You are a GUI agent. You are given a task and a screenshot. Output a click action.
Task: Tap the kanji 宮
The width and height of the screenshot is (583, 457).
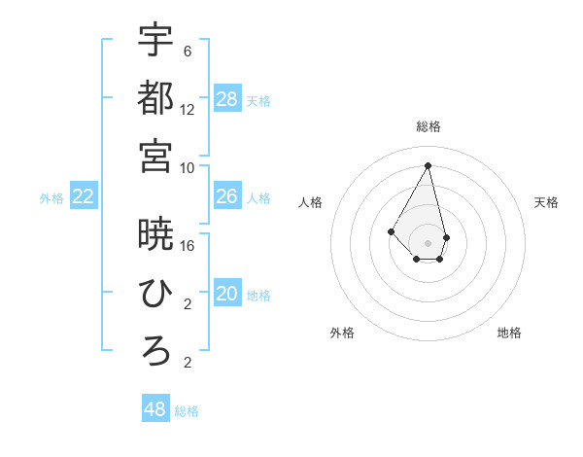tap(155, 156)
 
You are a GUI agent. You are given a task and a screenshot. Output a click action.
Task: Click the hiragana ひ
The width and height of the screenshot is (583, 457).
tap(155, 293)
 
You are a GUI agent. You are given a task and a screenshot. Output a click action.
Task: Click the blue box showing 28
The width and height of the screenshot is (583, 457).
tap(227, 98)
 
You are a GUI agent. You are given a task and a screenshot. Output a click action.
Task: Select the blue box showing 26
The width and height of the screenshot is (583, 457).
tap(227, 196)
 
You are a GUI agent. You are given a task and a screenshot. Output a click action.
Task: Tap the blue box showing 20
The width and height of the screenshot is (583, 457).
tap(227, 295)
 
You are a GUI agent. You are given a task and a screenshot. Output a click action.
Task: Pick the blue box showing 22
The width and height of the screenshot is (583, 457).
tap(83, 197)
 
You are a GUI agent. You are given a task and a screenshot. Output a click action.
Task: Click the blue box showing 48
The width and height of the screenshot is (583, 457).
tap(154, 409)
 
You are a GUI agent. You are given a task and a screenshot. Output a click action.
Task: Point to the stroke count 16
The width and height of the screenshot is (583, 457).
tap(188, 245)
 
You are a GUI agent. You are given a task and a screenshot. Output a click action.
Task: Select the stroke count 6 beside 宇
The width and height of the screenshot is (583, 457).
tap(188, 51)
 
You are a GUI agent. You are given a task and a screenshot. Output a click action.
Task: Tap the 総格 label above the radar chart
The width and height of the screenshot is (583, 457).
tap(429, 126)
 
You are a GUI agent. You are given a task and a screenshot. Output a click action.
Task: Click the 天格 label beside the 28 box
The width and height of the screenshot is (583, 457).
tap(258, 100)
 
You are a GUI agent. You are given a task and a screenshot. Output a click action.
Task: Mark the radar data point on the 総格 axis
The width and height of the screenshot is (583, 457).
tap(429, 165)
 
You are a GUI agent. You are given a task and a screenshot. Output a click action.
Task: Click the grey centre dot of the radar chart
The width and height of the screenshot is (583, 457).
tap(429, 241)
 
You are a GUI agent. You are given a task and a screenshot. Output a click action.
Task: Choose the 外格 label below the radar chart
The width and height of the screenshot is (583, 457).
tap(342, 333)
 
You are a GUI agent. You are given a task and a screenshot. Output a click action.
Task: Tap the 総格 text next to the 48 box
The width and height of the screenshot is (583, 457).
tap(187, 411)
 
